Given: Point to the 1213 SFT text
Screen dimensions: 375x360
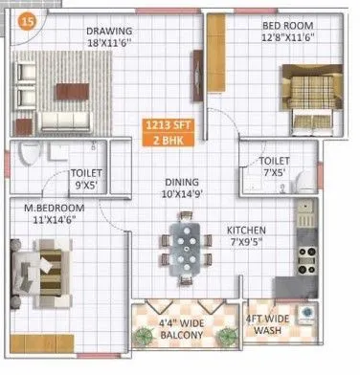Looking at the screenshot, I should (168, 123).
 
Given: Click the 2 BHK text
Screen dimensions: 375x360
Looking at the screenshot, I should (168, 139).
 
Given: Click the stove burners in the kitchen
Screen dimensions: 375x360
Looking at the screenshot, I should (309, 254).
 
